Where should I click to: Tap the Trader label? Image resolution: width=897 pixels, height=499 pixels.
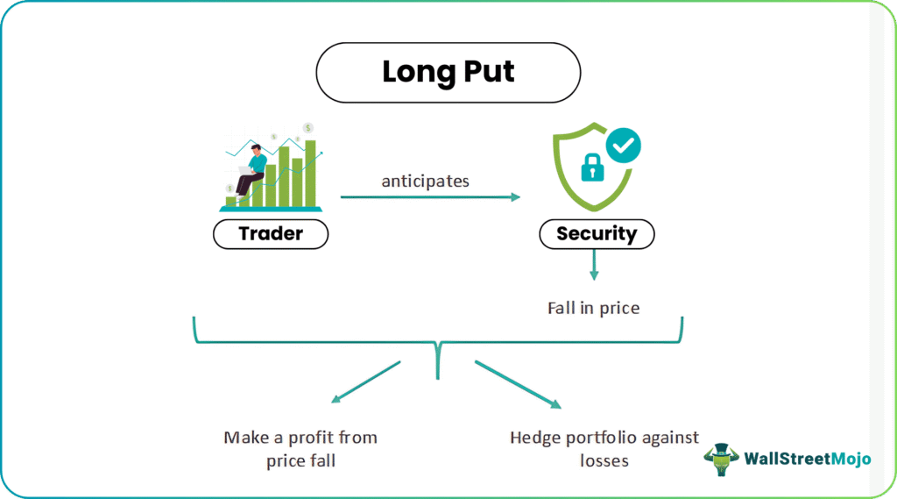click(x=271, y=234)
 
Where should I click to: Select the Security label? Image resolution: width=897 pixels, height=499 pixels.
click(x=597, y=234)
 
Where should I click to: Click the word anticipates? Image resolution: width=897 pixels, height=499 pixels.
click(x=425, y=181)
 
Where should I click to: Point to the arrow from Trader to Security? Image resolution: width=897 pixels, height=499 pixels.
click(x=430, y=197)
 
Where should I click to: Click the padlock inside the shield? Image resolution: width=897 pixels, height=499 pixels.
click(x=592, y=168)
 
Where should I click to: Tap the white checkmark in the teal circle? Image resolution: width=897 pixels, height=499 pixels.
click(x=623, y=145)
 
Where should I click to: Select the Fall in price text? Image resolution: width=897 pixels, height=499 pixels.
click(x=594, y=308)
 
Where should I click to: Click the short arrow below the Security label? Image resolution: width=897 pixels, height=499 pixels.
click(x=594, y=265)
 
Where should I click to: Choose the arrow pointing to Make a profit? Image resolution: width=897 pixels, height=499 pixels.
click(x=366, y=381)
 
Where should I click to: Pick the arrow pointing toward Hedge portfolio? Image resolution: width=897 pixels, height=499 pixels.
click(x=518, y=384)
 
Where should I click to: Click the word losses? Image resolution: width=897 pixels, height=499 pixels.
click(x=604, y=460)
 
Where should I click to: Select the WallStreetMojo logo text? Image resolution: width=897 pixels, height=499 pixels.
click(x=807, y=459)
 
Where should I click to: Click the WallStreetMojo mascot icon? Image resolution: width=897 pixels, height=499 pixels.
click(x=722, y=459)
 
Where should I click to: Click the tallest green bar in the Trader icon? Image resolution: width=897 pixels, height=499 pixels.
click(x=311, y=174)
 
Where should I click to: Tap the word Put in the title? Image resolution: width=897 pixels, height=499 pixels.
click(x=489, y=72)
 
